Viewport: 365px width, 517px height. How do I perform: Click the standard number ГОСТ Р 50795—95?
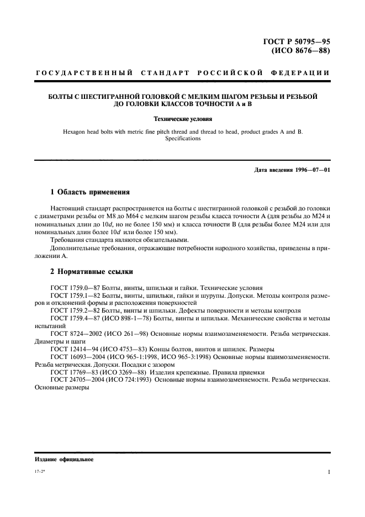pyautogui.click(x=297, y=42)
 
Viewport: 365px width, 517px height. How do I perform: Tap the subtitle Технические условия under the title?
pyautogui.click(x=182, y=118)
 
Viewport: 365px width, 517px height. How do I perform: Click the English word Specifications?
pyautogui.click(x=182, y=139)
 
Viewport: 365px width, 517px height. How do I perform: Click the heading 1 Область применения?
pyautogui.click(x=90, y=192)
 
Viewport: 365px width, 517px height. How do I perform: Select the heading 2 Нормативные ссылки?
pyautogui.click(x=91, y=272)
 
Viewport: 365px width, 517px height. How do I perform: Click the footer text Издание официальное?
pyautogui.click(x=64, y=459)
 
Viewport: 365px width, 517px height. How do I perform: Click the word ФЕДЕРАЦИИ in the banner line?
pyautogui.click(x=300, y=73)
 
